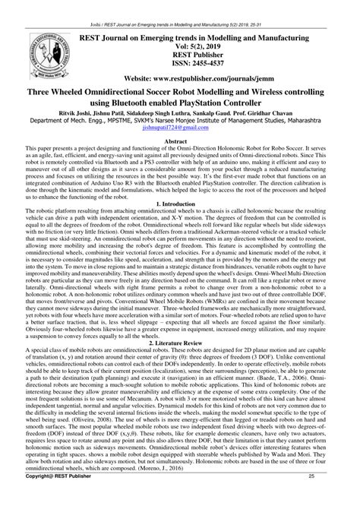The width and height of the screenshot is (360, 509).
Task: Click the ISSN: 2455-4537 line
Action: (x=180, y=62)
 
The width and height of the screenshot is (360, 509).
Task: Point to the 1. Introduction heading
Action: (x=180, y=204)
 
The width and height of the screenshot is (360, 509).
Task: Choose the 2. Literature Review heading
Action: (x=180, y=343)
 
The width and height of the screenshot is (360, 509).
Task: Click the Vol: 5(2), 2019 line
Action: (x=180, y=44)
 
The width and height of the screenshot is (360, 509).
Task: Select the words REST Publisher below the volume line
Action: (x=180, y=53)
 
